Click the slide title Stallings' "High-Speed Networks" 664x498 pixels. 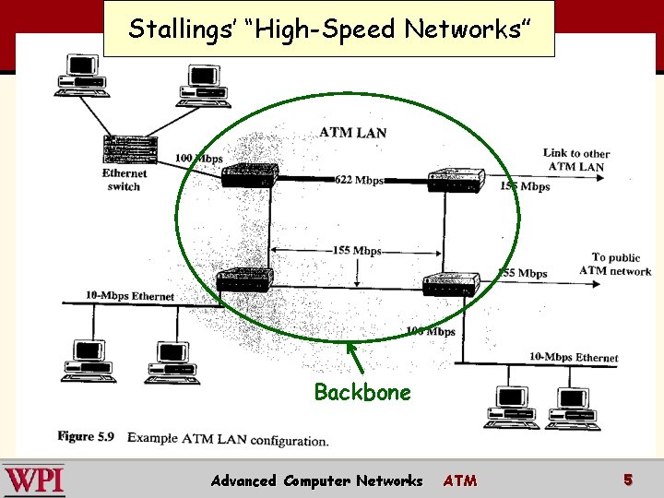click(328, 29)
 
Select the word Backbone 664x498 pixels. click(362, 393)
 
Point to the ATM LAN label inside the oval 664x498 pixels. click(352, 133)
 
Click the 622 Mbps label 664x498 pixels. click(360, 180)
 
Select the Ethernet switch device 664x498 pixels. click(133, 148)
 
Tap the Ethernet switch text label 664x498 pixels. click(125, 180)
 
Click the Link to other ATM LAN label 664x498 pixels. click(576, 160)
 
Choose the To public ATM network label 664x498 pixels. click(615, 264)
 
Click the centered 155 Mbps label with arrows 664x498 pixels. click(355, 251)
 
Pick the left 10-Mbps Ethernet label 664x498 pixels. click(130, 295)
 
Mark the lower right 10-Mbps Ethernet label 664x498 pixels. click(574, 357)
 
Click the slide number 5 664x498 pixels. click(627, 480)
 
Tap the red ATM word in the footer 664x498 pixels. click(460, 480)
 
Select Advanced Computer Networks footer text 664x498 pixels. click(316, 480)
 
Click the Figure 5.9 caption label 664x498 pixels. click(85, 436)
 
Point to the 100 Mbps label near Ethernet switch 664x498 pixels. click(199, 159)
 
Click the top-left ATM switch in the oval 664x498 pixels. click(248, 173)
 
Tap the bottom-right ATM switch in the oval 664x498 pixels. click(449, 283)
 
